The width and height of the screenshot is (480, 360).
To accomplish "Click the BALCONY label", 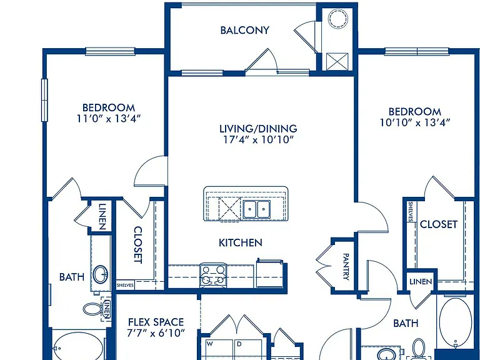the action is tap(244, 30).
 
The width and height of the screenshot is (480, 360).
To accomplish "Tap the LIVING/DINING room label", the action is tap(258, 128).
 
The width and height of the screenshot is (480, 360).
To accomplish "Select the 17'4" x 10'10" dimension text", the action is tap(258, 139).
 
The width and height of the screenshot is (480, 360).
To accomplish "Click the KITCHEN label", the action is tap(240, 242).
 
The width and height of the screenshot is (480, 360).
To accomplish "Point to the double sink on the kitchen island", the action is tap(256, 209).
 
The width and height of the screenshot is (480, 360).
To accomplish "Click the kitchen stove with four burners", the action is tap(213, 275).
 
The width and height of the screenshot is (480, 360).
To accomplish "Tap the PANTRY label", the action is tap(346, 267).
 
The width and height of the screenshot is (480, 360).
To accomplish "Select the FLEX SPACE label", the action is tap(156, 322).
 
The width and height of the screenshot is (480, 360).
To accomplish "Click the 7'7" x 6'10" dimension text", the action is tap(156, 332).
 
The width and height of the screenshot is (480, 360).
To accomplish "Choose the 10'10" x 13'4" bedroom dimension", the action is tap(415, 122).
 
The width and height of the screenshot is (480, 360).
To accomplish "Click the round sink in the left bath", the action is tap(101, 274).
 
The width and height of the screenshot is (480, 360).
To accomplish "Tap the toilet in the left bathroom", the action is tap(93, 309).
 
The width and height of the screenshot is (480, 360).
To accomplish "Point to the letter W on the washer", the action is tap(210, 344).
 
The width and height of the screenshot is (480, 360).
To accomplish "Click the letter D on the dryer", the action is tap(239, 344).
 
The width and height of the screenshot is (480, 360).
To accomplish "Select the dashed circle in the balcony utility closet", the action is tap(338, 18).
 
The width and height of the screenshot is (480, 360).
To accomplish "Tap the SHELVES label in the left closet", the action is tap(125, 285).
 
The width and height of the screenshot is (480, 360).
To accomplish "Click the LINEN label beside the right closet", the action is tap(421, 282).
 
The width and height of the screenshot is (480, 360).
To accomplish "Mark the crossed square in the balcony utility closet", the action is tap(337, 61).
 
